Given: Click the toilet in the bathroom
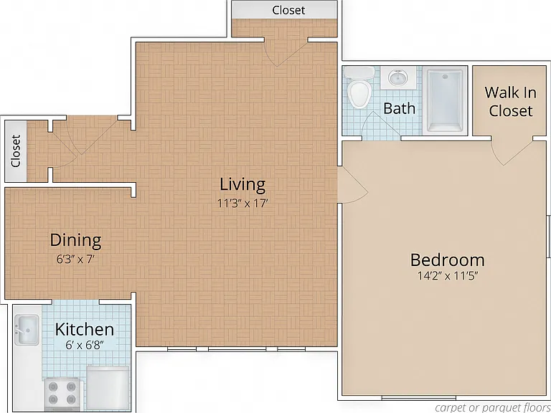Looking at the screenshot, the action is [x=359, y=87].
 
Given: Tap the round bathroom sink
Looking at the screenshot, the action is [x=398, y=77].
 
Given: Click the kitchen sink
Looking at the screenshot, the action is [x=27, y=330].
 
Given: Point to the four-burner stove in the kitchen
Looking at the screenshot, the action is [x=62, y=394].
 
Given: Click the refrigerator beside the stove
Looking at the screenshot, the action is [x=108, y=388].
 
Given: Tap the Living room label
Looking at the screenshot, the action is [x=242, y=185].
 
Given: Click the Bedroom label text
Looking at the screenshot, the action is [x=448, y=260].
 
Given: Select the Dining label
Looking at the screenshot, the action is [x=75, y=240].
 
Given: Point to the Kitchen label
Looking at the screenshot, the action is [x=85, y=329].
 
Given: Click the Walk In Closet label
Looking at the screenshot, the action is [x=511, y=102].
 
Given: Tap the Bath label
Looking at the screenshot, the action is [x=399, y=108].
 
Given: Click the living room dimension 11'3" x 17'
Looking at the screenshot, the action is [x=242, y=204].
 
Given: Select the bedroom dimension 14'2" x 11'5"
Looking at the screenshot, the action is [x=448, y=276].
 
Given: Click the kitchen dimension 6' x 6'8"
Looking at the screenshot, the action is [x=85, y=346].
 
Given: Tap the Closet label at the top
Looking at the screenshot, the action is [x=288, y=10].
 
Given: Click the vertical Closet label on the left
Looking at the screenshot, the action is [x=16, y=151].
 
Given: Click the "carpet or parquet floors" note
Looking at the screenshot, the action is [x=493, y=408].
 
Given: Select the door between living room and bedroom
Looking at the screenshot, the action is [x=352, y=185].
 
